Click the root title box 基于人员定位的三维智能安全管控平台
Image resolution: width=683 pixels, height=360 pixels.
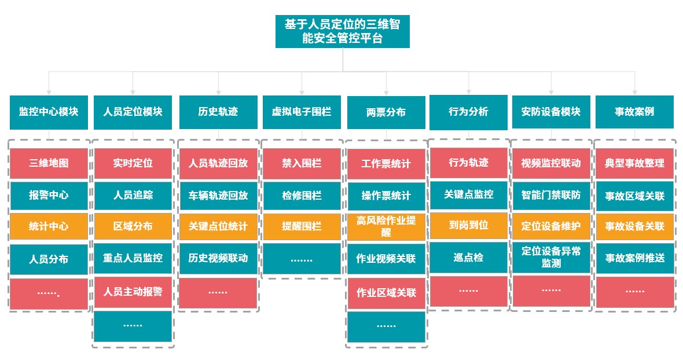pyautogui.click(x=342, y=32)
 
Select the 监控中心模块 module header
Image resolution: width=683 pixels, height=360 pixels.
pyautogui.click(x=49, y=112)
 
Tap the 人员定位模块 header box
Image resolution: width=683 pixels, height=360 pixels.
pyautogui.click(x=133, y=112)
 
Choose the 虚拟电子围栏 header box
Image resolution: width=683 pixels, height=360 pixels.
pyautogui.click(x=302, y=112)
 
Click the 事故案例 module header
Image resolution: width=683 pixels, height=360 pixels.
pyautogui.click(x=634, y=112)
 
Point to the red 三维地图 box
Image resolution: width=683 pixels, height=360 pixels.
pyautogui.click(x=49, y=163)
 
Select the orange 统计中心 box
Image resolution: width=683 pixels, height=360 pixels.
pyautogui.click(x=49, y=226)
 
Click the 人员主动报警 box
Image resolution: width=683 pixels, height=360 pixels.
pyautogui.click(x=133, y=292)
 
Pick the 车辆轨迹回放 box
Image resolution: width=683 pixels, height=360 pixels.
pyautogui.click(x=218, y=195)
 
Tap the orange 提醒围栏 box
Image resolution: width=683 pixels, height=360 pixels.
pyautogui.click(x=302, y=226)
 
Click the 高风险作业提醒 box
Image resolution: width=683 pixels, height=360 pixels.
pyautogui.click(x=386, y=226)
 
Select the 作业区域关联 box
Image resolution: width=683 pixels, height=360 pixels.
pyautogui.click(x=386, y=293)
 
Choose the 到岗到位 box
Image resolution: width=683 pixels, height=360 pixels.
pyautogui.click(x=468, y=225)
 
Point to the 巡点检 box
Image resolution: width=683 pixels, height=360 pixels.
pyautogui.click(x=468, y=258)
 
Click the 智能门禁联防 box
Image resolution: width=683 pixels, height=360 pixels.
pyautogui.click(x=551, y=195)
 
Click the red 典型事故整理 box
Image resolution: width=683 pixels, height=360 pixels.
pyautogui.click(x=634, y=163)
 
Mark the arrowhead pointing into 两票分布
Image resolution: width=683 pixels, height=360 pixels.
pyautogui.click(x=386, y=92)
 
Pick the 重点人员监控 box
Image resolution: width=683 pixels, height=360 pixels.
pyautogui.click(x=133, y=258)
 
